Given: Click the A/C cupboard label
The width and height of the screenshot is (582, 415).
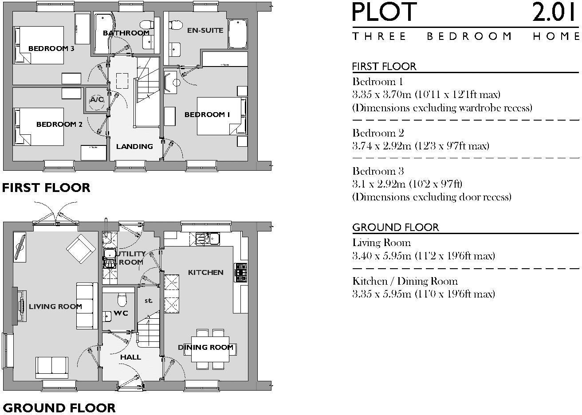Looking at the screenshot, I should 96,100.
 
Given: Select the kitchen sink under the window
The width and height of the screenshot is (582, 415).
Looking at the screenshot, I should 208,239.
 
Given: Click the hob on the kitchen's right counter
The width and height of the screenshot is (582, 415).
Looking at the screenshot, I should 241,273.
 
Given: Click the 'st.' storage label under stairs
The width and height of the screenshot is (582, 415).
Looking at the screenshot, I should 148,301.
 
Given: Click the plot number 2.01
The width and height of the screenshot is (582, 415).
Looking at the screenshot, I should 555,12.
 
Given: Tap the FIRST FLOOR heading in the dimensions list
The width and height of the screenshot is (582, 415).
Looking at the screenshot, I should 384,67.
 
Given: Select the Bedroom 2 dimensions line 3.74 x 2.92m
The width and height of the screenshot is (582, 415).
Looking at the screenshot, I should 421,146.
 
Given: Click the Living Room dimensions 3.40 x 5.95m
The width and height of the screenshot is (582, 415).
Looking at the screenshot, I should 423,256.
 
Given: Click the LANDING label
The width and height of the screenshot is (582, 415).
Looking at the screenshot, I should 134,147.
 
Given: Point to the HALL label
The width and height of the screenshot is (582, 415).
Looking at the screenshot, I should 130,357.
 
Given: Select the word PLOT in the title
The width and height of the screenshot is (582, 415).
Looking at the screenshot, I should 385,12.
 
